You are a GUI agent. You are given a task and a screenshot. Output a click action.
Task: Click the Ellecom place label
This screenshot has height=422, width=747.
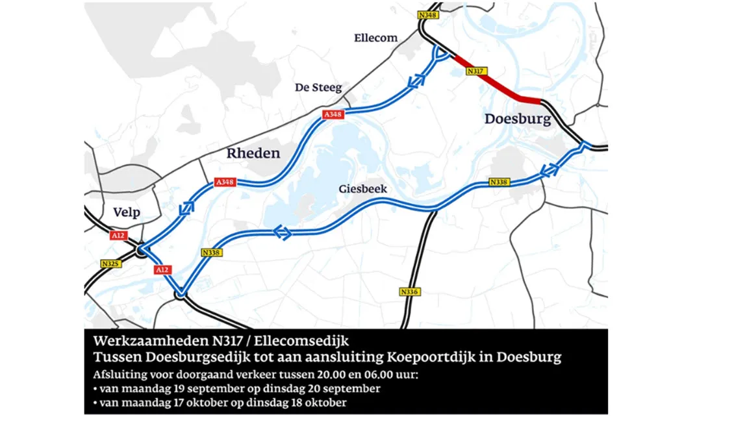click(x=375, y=38)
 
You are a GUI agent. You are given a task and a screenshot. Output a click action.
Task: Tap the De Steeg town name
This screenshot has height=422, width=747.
click(x=318, y=87)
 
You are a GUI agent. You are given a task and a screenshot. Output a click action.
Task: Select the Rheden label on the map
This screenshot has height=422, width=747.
click(x=253, y=153)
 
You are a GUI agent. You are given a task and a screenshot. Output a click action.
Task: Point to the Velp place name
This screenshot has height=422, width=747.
click(x=127, y=212)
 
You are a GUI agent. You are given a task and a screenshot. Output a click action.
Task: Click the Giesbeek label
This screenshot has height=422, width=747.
click(x=363, y=189)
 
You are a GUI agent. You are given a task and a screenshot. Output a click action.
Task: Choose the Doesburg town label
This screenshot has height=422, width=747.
click(x=518, y=119)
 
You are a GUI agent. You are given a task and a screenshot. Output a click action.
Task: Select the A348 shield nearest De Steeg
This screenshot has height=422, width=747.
click(x=333, y=115)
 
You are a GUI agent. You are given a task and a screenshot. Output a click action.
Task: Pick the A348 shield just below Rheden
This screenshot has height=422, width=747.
click(x=224, y=182)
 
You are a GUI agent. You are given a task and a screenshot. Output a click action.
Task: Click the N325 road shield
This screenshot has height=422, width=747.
click(x=110, y=264)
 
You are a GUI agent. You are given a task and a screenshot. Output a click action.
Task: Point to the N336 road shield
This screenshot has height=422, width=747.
click(x=410, y=292)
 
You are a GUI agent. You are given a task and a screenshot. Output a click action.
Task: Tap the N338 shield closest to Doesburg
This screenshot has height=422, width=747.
click(x=499, y=182)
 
